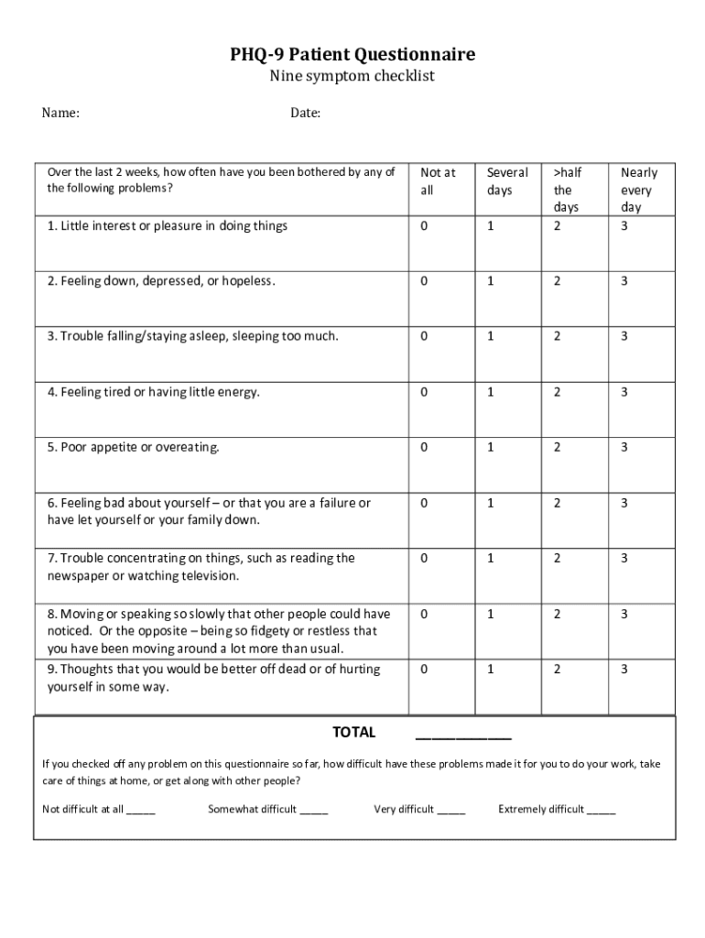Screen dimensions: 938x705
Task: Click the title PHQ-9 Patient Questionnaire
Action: (352, 55)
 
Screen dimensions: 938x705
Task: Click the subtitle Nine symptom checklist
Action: (352, 77)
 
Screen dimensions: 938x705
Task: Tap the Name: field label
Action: (60, 114)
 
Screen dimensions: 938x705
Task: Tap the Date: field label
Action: (305, 114)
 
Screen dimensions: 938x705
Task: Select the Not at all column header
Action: (438, 181)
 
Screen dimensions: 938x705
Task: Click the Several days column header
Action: (507, 181)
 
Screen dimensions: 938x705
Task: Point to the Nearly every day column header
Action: (638, 190)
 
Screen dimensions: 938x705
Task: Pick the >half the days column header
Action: (567, 190)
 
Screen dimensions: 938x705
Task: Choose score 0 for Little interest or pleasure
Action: (424, 226)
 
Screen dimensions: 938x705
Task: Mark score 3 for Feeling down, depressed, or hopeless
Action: (624, 281)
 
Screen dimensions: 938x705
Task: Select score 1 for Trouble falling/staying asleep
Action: (491, 336)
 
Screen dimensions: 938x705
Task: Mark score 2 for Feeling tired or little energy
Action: (558, 392)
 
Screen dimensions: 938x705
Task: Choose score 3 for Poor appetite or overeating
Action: (624, 447)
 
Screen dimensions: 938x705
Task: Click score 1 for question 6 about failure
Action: (491, 503)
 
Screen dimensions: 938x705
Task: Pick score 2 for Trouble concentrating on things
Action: (558, 558)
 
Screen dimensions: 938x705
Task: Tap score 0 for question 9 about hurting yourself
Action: (424, 669)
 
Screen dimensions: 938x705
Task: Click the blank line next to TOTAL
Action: (463, 735)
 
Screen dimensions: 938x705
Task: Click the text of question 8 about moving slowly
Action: (220, 631)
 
